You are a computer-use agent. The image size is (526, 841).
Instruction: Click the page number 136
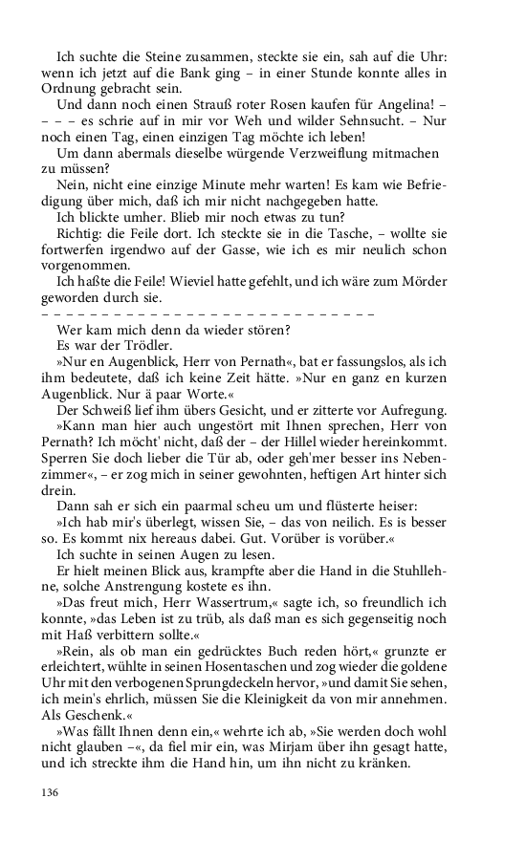coord(51,792)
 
